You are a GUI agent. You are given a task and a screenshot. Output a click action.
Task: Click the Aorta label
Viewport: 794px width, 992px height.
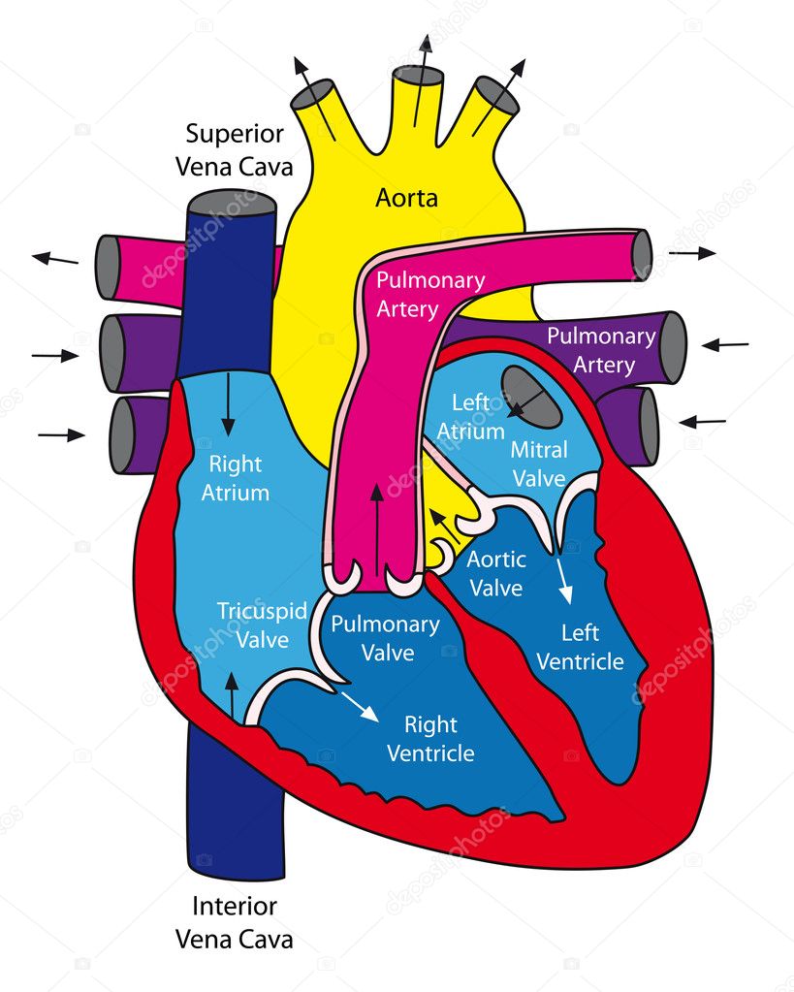tap(406, 198)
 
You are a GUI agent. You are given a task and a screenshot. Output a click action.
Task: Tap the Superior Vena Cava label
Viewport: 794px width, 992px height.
tap(235, 150)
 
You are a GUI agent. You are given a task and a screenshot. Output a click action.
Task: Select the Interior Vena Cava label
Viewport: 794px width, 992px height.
tap(235, 922)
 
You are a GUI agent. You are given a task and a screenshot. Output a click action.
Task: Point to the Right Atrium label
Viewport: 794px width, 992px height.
tap(236, 478)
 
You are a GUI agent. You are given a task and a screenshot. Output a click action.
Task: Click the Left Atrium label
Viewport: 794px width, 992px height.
tap(471, 416)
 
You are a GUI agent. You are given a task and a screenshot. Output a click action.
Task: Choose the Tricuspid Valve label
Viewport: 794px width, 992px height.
tap(262, 625)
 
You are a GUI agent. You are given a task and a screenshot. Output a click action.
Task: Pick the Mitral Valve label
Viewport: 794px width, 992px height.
tap(539, 464)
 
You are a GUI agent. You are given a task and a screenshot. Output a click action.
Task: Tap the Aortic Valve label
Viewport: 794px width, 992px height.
tap(496, 573)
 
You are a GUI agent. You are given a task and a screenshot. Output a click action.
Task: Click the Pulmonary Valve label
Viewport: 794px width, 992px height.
tap(385, 638)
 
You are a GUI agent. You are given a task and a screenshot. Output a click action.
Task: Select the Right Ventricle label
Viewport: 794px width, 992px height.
tap(430, 738)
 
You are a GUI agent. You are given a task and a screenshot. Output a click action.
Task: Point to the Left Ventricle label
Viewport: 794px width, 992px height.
tap(580, 647)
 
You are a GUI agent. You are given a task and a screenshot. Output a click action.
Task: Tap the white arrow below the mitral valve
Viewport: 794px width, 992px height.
tap(564, 580)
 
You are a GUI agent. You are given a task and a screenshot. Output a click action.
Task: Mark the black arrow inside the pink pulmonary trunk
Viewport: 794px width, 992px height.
tap(377, 530)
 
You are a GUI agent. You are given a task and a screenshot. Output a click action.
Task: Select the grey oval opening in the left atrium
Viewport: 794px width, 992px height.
tap(532, 397)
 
